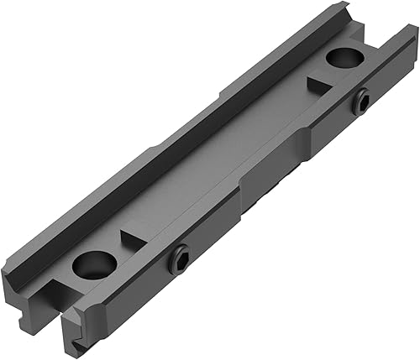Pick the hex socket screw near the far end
click(362, 102)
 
